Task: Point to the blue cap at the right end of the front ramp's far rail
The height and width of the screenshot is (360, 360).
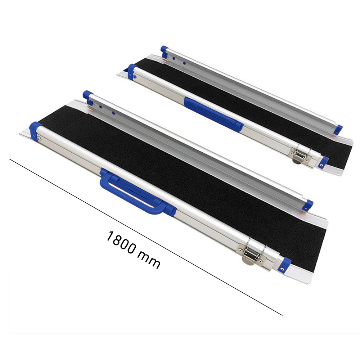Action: point(308,205)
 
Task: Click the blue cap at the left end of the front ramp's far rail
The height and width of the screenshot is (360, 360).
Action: point(88,96)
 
